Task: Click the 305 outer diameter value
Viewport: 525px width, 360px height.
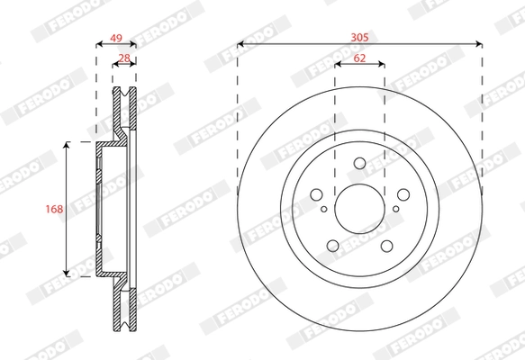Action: click(359, 37)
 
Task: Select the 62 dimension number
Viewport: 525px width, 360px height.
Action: click(359, 58)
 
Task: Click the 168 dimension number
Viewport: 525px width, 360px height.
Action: click(54, 209)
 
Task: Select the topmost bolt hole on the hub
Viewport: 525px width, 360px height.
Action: click(359, 164)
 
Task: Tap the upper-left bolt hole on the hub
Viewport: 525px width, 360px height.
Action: click(316, 194)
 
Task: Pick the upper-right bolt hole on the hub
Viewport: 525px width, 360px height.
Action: click(403, 194)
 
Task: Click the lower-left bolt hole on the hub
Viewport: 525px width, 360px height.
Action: click(332, 245)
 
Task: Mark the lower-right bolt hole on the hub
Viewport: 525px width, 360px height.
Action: click(386, 245)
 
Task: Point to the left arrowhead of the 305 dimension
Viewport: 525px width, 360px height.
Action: click(240, 43)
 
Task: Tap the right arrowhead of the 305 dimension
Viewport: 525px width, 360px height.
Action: click(478, 43)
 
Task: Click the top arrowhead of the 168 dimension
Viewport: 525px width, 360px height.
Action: click(67, 145)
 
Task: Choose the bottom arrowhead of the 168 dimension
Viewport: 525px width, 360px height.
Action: click(67, 272)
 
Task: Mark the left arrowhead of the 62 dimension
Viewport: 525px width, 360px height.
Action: click(338, 64)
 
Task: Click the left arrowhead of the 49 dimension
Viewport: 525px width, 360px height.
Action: click(98, 43)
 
